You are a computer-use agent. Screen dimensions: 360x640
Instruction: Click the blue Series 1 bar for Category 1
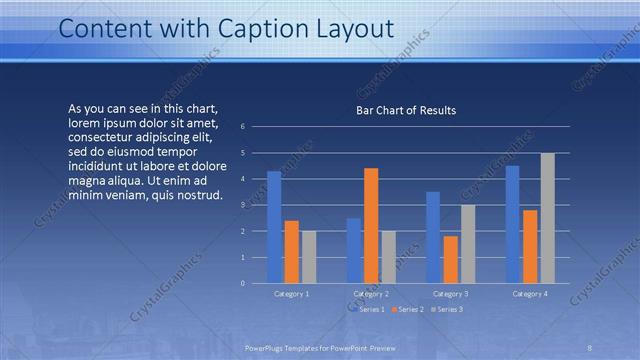click(274, 227)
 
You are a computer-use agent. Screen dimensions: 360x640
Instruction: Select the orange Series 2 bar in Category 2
click(371, 225)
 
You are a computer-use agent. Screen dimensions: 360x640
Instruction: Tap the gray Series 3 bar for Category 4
click(547, 218)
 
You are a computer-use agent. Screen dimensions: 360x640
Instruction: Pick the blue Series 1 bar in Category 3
click(433, 237)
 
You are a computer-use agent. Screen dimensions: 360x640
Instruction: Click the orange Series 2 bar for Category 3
click(450, 259)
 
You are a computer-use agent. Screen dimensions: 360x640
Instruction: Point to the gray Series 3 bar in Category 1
click(308, 257)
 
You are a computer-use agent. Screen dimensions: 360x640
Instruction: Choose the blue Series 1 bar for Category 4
click(512, 224)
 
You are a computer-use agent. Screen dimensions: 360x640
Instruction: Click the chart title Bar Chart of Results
click(406, 110)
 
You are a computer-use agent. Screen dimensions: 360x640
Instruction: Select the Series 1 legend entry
click(371, 309)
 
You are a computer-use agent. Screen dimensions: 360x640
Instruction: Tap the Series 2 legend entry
click(410, 309)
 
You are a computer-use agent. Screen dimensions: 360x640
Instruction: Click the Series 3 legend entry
click(449, 309)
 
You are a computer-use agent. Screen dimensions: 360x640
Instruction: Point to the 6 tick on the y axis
click(242, 127)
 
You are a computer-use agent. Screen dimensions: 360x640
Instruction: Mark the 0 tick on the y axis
click(242, 283)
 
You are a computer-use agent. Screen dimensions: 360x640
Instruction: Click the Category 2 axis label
click(371, 294)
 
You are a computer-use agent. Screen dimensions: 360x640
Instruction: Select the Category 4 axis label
click(529, 294)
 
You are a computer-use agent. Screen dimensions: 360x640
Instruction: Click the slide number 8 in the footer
click(590, 346)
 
